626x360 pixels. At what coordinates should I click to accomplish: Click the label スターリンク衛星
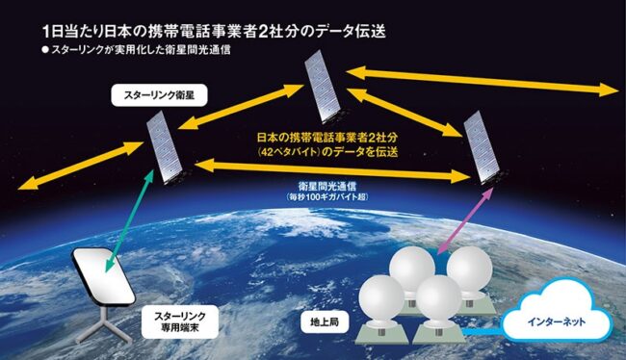pyautogui.click(x=159, y=95)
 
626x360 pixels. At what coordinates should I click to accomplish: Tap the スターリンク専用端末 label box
pyautogui.click(x=180, y=322)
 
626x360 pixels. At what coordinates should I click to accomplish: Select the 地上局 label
pyautogui.click(x=325, y=321)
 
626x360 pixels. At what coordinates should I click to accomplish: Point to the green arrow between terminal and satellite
pyautogui.click(x=128, y=220)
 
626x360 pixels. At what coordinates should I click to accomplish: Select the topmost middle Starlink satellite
pyautogui.click(x=324, y=89)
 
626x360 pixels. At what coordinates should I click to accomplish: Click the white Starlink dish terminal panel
pyautogui.click(x=104, y=276)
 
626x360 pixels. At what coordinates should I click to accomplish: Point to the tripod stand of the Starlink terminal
pyautogui.click(x=103, y=327)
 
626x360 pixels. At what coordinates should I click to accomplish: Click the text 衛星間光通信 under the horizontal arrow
pyautogui.click(x=327, y=186)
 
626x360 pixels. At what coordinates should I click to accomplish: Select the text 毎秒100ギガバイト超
pyautogui.click(x=327, y=196)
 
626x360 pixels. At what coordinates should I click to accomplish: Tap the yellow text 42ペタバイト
pyautogui.click(x=290, y=152)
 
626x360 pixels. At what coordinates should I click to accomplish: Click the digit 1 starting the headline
pyautogui.click(x=46, y=32)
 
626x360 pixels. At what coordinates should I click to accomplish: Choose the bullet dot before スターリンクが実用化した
pyautogui.click(x=44, y=50)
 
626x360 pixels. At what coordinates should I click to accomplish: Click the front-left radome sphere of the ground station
pyautogui.click(x=381, y=298)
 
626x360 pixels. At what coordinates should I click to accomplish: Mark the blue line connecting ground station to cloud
pyautogui.click(x=483, y=331)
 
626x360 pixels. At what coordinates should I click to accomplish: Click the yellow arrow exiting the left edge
pyautogui.click(x=80, y=165)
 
